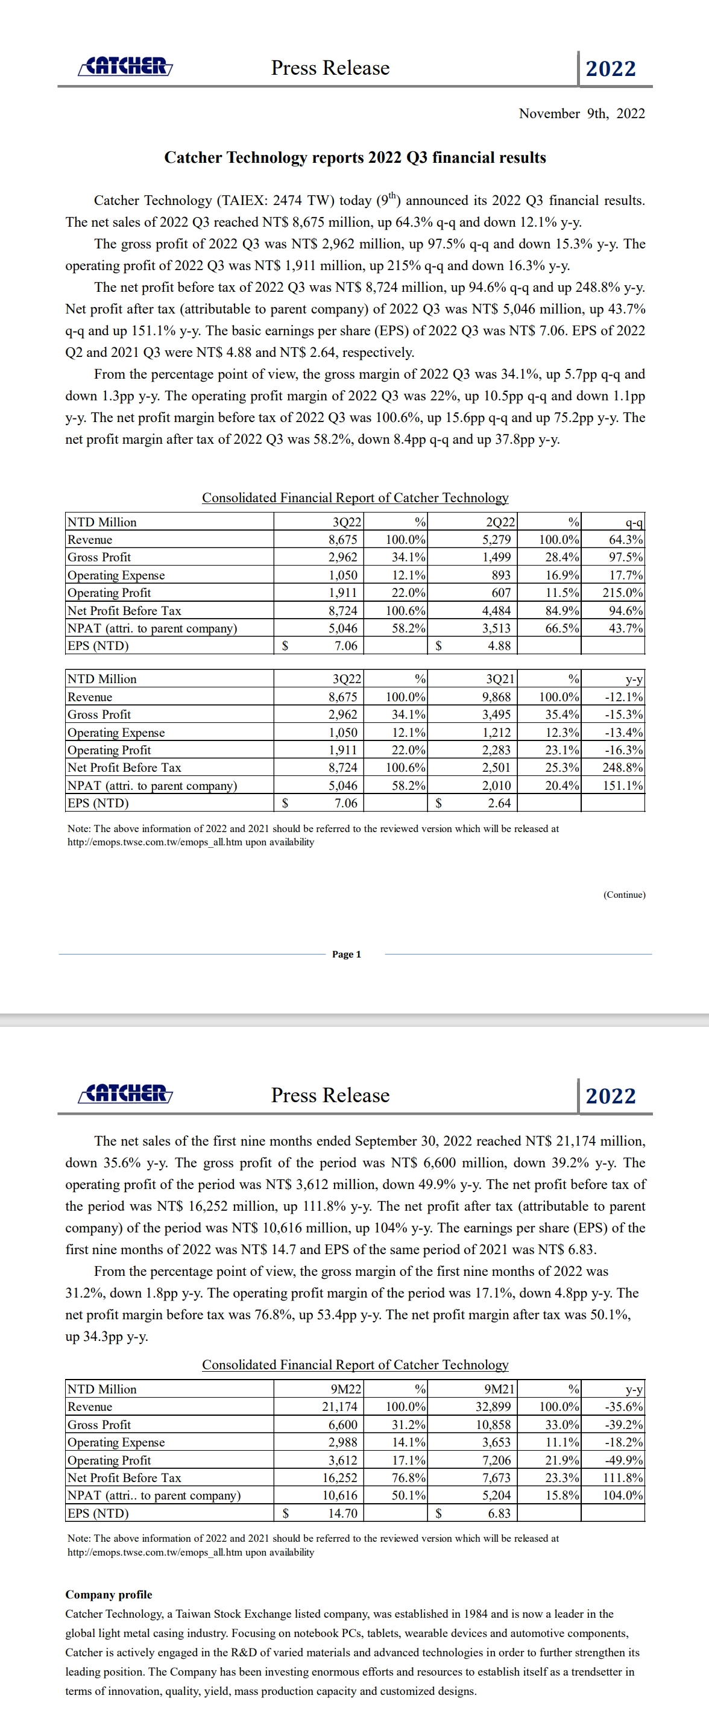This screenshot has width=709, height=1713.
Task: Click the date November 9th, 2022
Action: [581, 114]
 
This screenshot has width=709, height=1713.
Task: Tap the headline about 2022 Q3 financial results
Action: [354, 157]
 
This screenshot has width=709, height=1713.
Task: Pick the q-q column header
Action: [634, 522]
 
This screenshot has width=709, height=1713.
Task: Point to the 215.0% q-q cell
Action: [623, 593]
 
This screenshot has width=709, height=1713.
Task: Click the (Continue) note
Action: [624, 894]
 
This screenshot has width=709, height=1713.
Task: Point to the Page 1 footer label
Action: [347, 954]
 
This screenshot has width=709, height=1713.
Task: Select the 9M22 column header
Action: [346, 1389]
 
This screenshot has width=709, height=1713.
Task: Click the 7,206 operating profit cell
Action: [496, 1460]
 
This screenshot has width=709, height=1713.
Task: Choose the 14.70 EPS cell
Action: [342, 1513]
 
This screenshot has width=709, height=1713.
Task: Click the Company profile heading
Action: [109, 1595]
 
